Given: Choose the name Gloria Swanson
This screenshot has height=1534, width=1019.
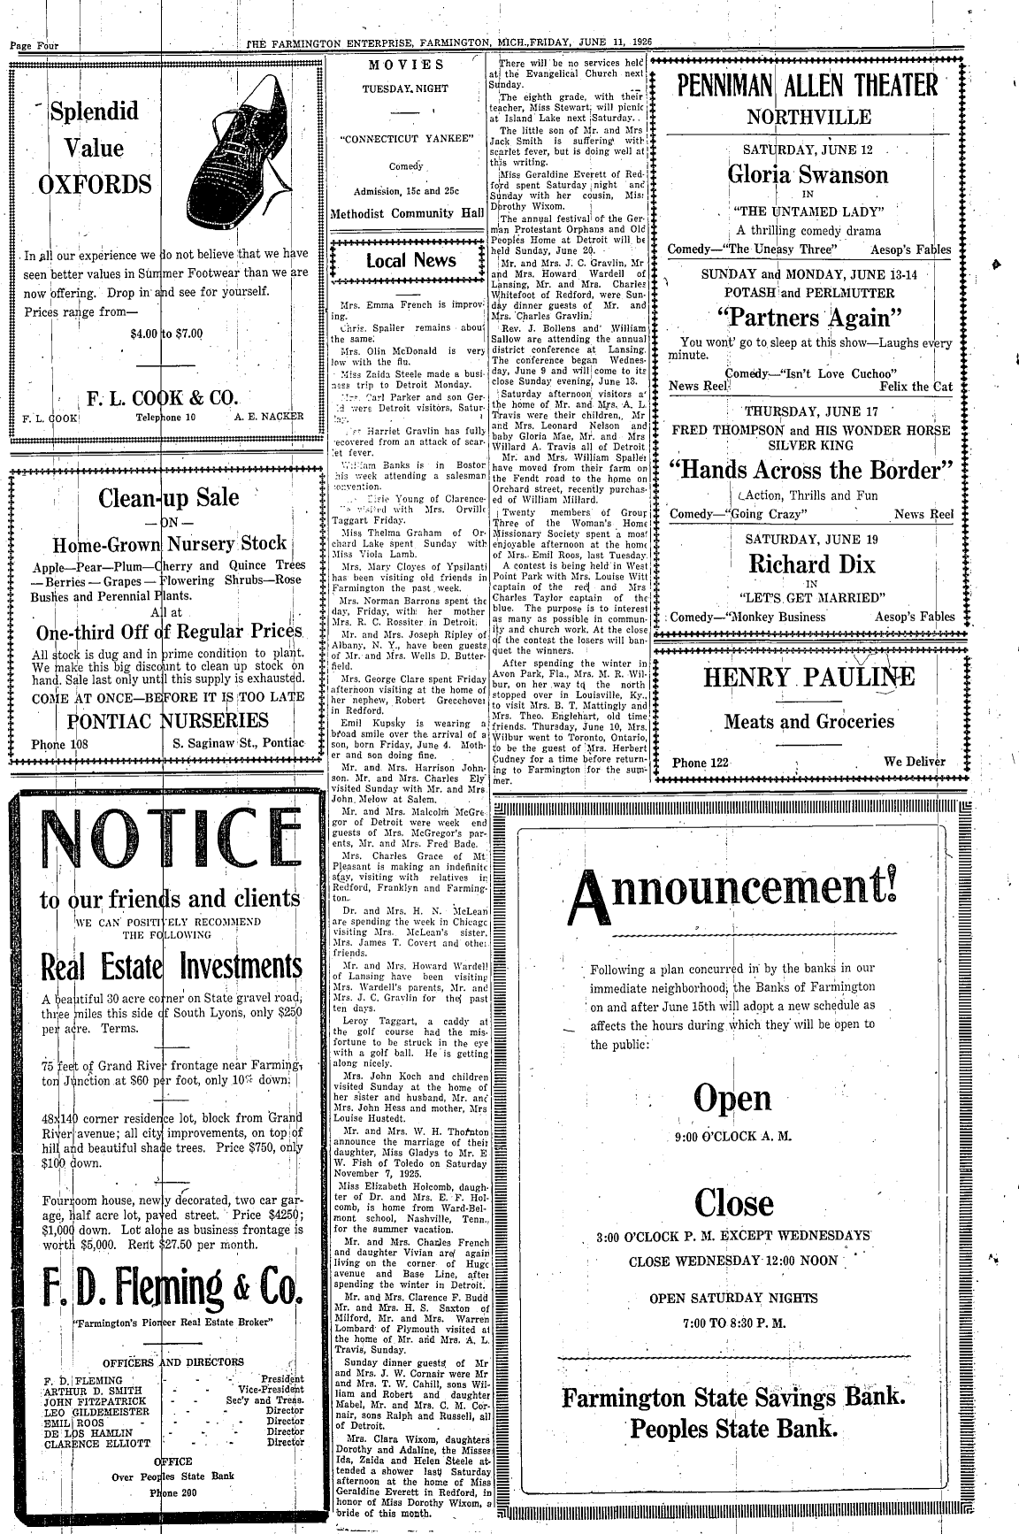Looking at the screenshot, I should (808, 173).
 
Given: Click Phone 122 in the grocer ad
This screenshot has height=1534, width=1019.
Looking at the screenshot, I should (701, 763).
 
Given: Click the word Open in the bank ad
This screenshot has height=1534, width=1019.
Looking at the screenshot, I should (732, 1098).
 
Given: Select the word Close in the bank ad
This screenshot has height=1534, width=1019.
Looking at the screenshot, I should (733, 1202).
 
